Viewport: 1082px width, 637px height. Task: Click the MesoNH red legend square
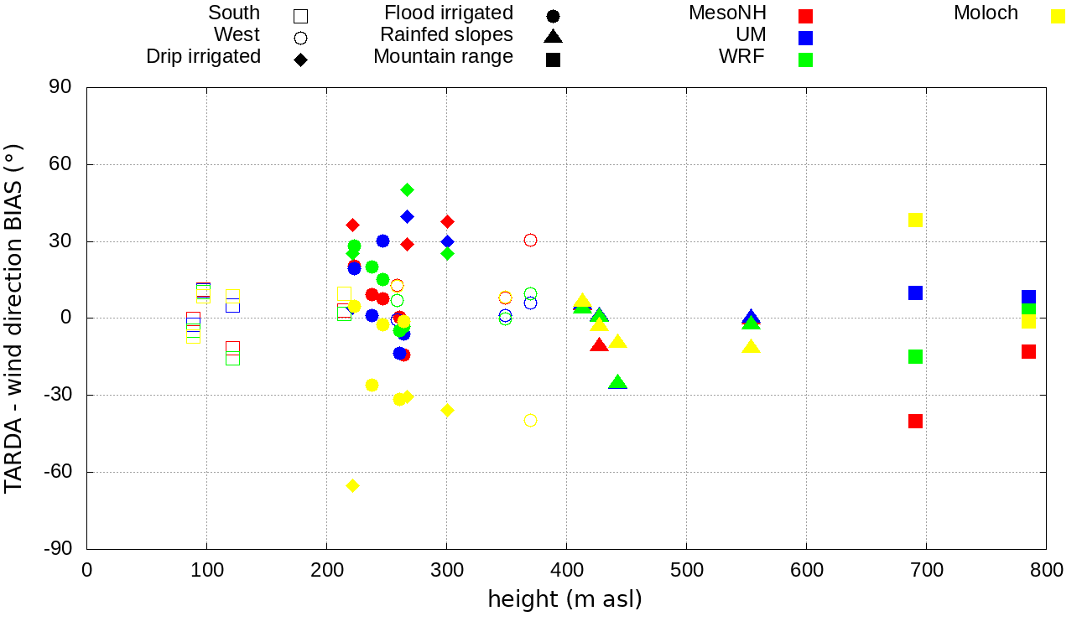tap(806, 16)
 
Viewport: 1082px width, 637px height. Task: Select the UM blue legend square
tap(806, 38)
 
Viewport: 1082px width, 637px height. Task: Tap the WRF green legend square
tap(806, 60)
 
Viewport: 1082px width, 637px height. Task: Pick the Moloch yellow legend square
tap(1059, 16)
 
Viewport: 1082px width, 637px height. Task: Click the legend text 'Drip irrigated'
tap(203, 57)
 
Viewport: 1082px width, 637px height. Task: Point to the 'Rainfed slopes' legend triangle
tap(553, 36)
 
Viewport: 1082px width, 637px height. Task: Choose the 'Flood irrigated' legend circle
tap(553, 16)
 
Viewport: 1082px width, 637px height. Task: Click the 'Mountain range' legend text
tap(443, 57)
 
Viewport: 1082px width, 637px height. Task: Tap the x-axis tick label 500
tap(686, 571)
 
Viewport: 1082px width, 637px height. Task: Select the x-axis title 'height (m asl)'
tap(564, 599)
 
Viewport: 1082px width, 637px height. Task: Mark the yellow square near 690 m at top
tap(915, 220)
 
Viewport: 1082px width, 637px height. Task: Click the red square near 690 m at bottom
tap(915, 421)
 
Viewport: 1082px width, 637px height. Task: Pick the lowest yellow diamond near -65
tap(353, 486)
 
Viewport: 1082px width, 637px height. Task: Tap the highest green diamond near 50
tap(407, 189)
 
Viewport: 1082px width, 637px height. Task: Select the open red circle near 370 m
tap(530, 241)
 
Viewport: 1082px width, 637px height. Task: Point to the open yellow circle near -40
tap(530, 421)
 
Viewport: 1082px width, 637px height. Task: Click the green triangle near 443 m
tap(618, 382)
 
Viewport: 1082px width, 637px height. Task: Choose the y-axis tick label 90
tap(61, 87)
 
